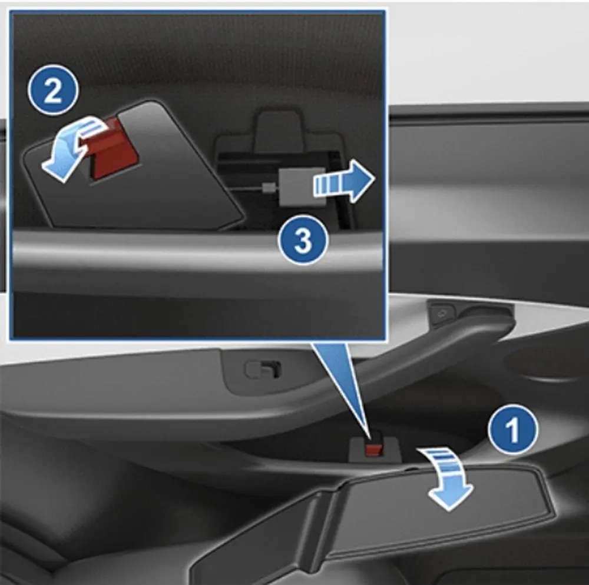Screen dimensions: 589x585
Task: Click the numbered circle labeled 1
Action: pos(513,430)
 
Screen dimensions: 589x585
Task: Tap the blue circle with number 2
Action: pos(53,90)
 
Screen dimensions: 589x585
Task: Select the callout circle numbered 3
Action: pos(303,240)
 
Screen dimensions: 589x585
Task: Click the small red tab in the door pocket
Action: pos(374,449)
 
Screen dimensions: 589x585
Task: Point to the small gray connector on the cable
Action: pos(268,187)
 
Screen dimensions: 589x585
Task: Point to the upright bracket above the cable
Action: pos(278,129)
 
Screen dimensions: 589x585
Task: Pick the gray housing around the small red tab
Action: pos(375,449)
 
